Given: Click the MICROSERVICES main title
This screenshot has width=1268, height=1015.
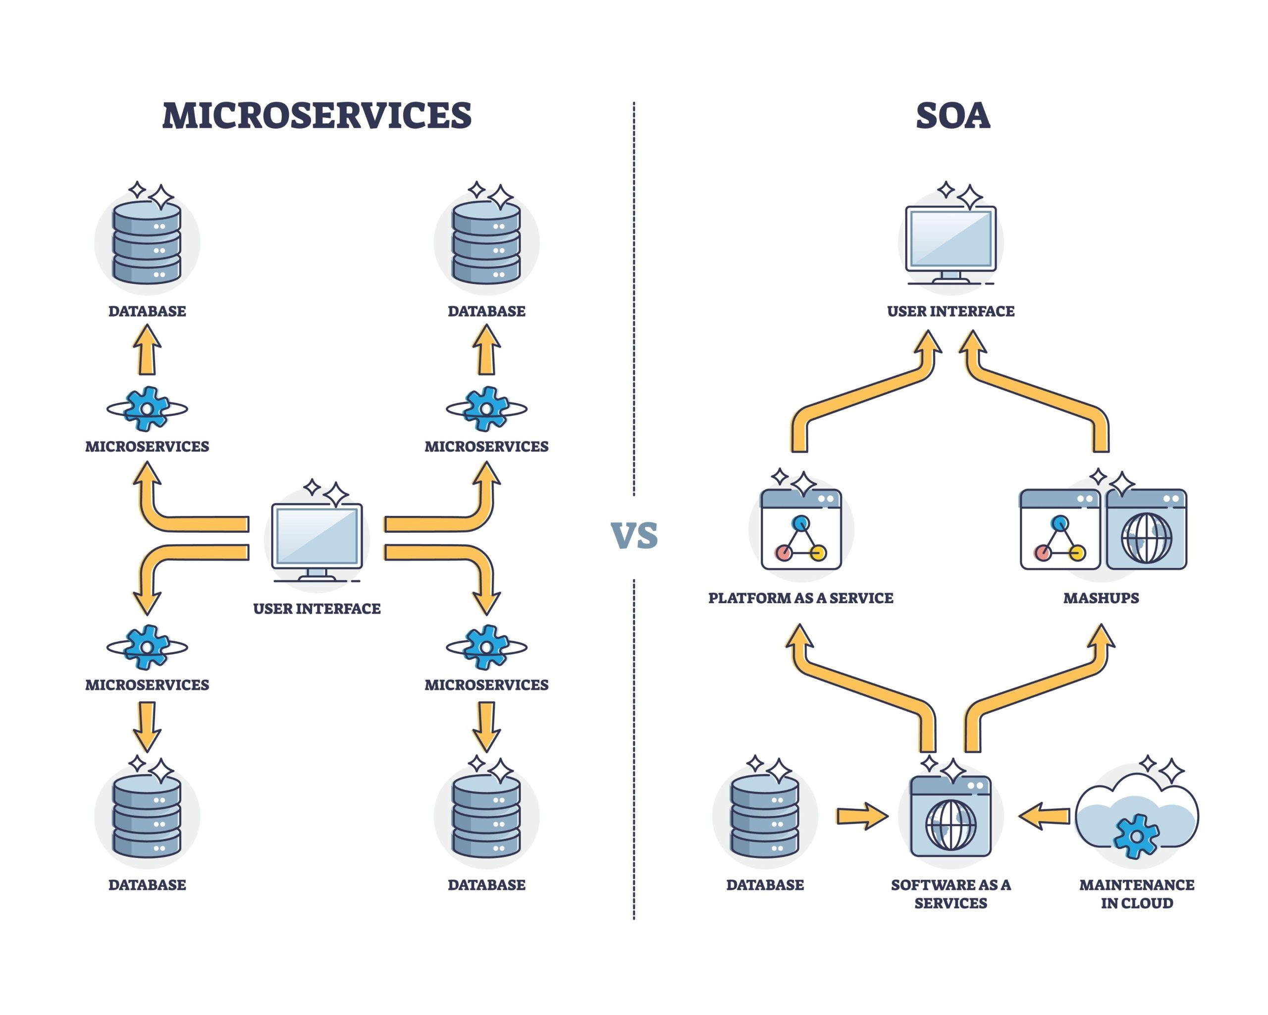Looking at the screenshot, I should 317,115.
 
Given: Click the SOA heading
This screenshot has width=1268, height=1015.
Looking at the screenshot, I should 953,115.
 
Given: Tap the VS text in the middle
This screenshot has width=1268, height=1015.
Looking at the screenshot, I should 634,535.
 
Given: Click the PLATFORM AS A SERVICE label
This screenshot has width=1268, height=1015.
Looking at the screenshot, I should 800,598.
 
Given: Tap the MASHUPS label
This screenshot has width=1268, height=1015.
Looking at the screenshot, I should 1101,598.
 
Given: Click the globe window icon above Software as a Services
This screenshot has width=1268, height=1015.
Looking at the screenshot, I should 951,816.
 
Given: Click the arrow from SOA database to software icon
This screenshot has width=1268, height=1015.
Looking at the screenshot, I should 862,816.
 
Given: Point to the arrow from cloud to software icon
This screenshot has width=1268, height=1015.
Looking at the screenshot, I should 1044,816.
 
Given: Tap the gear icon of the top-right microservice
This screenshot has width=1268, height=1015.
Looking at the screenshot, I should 486,408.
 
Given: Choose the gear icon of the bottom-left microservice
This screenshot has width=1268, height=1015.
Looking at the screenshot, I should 147,647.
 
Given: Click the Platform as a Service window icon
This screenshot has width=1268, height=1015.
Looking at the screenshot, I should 801,530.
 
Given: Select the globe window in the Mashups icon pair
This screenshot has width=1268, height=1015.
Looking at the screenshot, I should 1146,530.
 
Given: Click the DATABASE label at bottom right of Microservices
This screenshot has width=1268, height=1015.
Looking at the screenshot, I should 486,885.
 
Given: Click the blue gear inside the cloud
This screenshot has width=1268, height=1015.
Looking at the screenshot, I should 1136,836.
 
